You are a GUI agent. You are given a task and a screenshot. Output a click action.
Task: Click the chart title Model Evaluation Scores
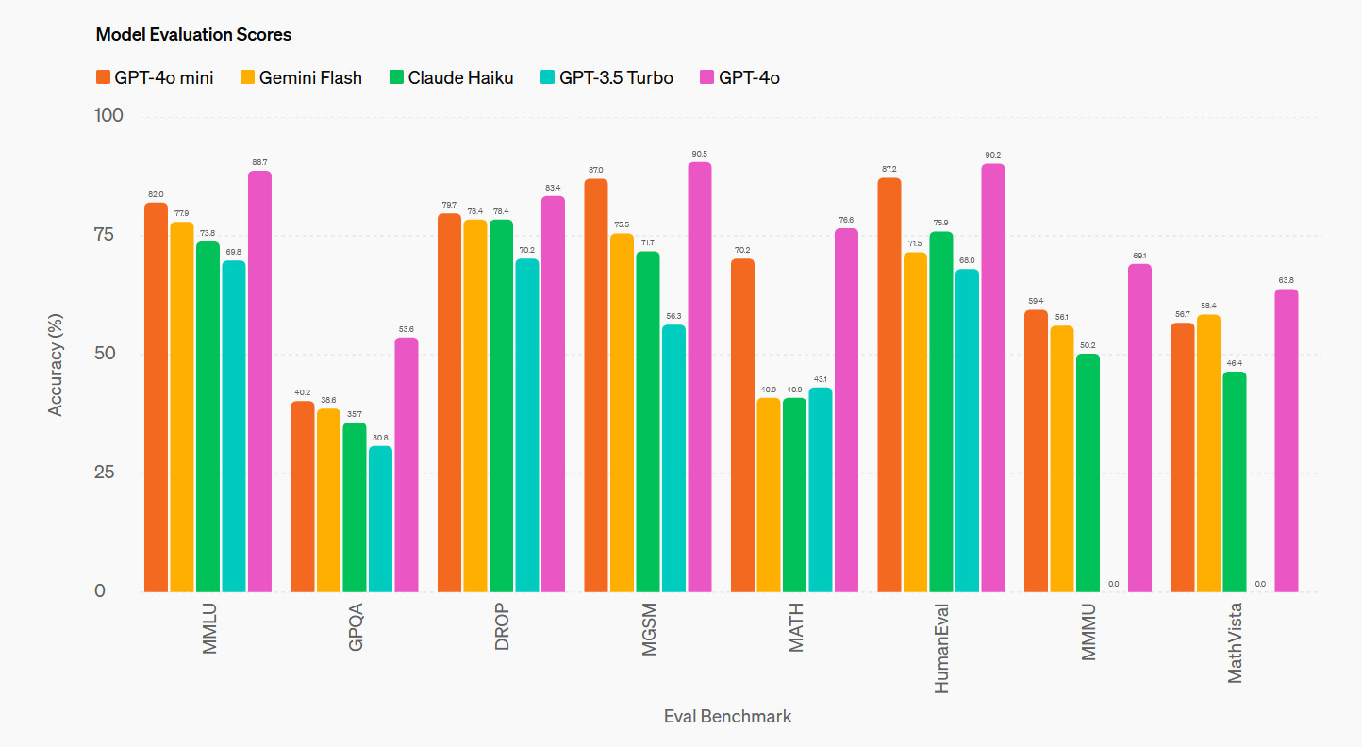tap(193, 35)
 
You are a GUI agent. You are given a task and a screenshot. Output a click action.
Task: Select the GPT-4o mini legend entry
tap(155, 77)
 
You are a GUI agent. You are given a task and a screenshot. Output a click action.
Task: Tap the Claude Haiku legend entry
tap(451, 77)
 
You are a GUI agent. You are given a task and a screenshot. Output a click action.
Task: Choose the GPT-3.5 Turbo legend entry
tap(606, 77)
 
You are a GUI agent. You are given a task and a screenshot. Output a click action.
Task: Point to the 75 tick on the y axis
tap(109, 235)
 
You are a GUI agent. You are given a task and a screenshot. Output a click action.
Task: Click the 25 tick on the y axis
tap(109, 473)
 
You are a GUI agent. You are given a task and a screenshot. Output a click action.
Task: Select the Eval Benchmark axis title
tap(727, 716)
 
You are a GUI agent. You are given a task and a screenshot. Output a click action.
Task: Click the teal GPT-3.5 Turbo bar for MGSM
tap(673, 458)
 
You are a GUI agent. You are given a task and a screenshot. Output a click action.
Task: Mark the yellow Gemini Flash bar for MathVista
tap(1208, 454)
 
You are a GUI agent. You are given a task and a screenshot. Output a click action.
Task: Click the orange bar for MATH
tap(742, 425)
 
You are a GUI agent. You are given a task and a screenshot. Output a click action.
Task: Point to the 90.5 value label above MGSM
tap(699, 153)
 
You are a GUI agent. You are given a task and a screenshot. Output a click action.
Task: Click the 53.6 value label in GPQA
tap(406, 328)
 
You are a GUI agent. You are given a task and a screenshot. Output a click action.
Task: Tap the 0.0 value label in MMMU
tap(1113, 584)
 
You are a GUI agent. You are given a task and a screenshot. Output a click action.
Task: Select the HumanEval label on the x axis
tap(941, 649)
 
